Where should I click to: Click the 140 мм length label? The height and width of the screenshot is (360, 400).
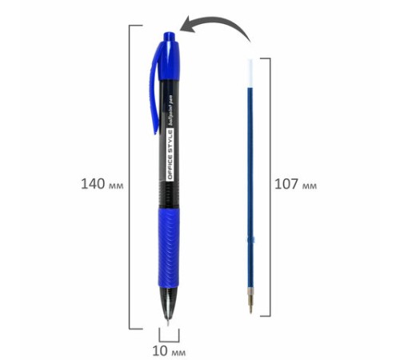pyautogui.click(x=102, y=184)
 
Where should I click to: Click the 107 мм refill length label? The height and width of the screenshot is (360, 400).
pyautogui.click(x=296, y=184)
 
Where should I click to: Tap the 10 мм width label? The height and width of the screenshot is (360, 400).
pyautogui.click(x=169, y=351)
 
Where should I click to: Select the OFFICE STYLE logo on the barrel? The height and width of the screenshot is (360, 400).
pyautogui.click(x=170, y=155)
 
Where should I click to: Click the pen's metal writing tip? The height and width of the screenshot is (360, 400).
pyautogui.click(x=168, y=322)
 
